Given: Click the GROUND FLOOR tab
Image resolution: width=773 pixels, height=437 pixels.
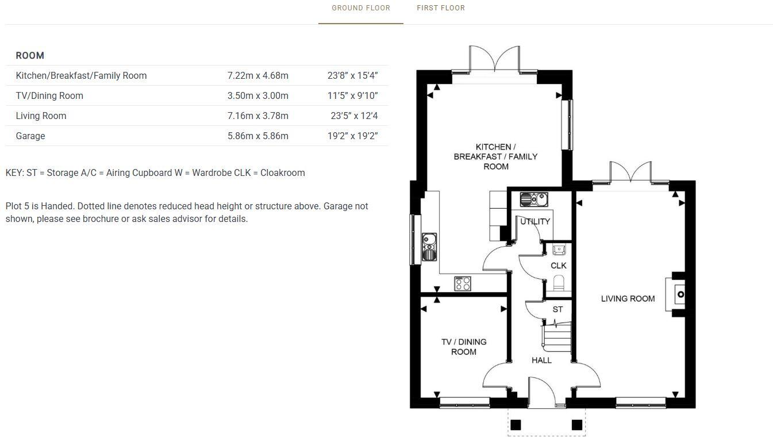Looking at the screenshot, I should pos(360,8).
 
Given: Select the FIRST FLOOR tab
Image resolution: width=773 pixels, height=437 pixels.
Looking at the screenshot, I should pos(441,8).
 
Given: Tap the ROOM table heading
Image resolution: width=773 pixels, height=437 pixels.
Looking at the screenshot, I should pos(30,56).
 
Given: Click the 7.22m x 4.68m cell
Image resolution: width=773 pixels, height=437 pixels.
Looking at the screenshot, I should pos(258,76).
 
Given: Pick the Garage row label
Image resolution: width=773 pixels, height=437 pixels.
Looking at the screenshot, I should pos(30,136).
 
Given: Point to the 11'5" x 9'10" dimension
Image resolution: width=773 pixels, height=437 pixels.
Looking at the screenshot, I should pos(352,96).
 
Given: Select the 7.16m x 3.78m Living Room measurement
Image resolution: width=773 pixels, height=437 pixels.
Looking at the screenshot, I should pos(258,116).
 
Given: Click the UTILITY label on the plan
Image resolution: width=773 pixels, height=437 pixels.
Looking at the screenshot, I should pos(535,221).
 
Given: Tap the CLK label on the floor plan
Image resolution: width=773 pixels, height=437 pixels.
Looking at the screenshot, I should pos(558,266).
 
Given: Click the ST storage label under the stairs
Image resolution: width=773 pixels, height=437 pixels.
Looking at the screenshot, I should pos(557,309).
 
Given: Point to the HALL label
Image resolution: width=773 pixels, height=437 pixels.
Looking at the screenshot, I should pos(541,360).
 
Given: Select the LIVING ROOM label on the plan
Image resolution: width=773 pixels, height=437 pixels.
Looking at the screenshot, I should pos(628,298).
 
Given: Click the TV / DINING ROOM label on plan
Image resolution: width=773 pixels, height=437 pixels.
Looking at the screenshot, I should pos(464,347).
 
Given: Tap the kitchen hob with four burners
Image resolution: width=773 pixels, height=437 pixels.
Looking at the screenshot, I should pos(463,283).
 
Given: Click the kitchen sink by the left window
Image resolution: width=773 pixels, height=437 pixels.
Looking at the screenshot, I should pos(429,247).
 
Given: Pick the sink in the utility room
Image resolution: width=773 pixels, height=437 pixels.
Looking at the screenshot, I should pos(534,200).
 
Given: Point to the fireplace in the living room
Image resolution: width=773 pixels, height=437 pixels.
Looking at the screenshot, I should pos(677,294).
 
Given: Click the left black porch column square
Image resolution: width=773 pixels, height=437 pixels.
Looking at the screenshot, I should pos(516,425).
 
